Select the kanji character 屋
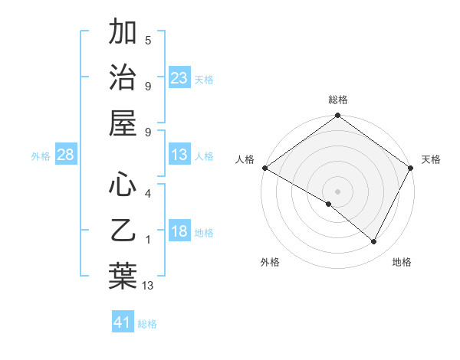tap(123, 123)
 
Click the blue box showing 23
tap(179, 78)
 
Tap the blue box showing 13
tap(179, 155)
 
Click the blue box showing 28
tap(66, 155)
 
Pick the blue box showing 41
tap(123, 322)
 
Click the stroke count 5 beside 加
tap(148, 40)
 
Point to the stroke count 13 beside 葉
tap(148, 286)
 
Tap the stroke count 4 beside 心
tap(148, 193)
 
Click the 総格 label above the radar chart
tap(338, 100)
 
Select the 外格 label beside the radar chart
tap(270, 262)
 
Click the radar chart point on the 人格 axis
tap(264, 168)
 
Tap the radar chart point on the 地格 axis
tap(374, 241)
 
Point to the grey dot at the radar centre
tap(338, 191)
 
